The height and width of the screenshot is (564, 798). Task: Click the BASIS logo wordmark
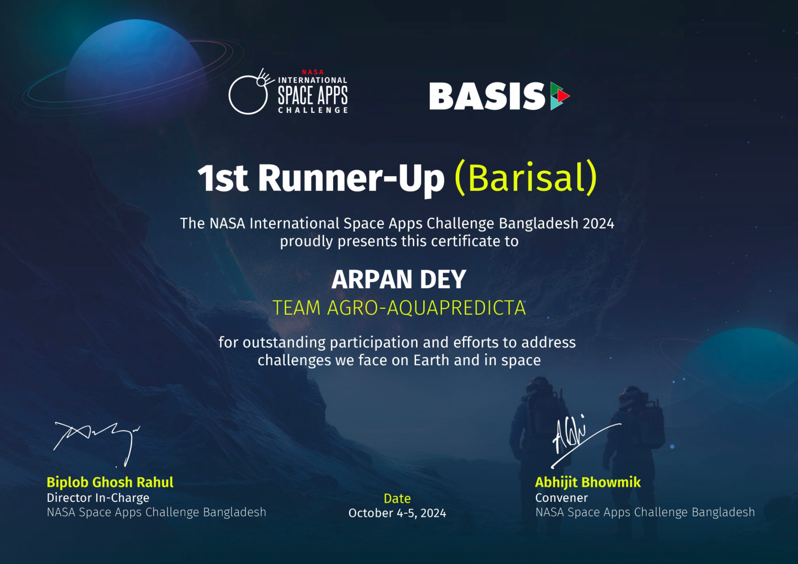(x=487, y=96)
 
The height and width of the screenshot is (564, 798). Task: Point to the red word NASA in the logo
(x=313, y=72)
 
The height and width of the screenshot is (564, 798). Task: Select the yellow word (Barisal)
(x=526, y=177)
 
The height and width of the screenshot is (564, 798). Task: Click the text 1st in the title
(x=223, y=178)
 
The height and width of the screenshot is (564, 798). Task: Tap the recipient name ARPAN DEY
(x=399, y=279)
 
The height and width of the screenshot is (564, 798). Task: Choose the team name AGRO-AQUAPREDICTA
(x=427, y=308)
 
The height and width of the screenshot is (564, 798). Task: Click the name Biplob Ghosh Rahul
(x=110, y=482)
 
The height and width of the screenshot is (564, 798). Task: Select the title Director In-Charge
(x=98, y=498)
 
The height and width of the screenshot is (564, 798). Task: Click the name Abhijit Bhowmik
(x=588, y=482)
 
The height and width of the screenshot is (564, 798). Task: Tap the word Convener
(x=561, y=498)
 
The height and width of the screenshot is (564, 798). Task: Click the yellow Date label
(x=397, y=498)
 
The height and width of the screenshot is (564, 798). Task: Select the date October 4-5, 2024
(x=397, y=513)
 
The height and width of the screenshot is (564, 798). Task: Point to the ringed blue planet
(x=136, y=60)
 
